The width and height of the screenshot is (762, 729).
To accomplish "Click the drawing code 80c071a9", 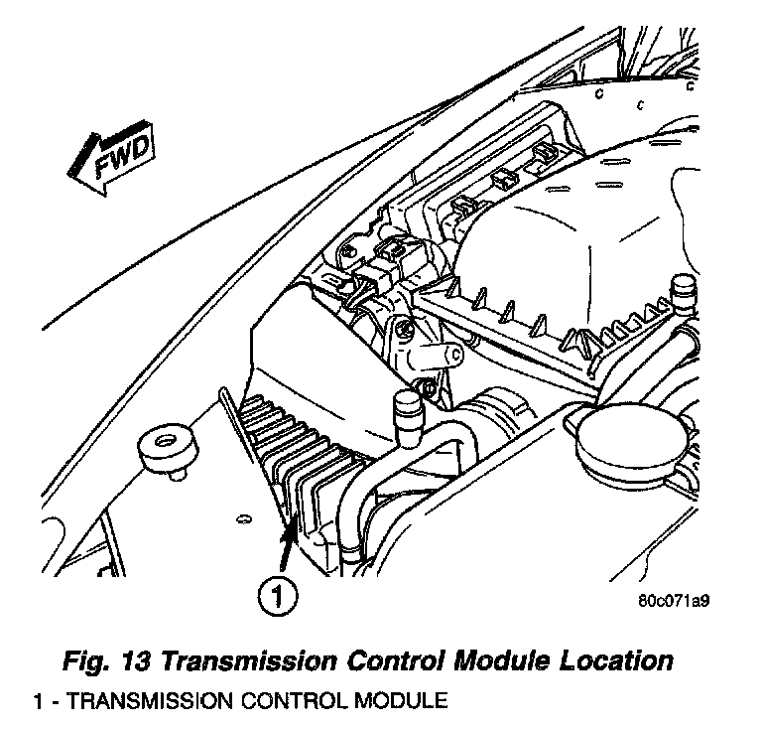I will click(x=679, y=601).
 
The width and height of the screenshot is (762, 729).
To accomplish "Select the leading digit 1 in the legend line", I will click(x=38, y=701).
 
